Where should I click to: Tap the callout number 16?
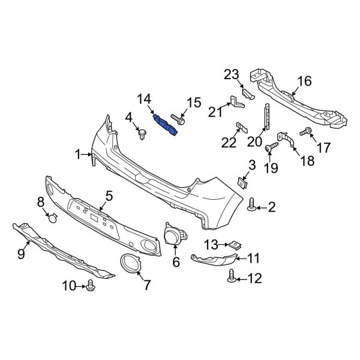(304, 81)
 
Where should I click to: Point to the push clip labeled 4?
(142, 134)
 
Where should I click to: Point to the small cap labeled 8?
(52, 217)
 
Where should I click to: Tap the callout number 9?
(21, 255)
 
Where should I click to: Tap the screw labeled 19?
(271, 146)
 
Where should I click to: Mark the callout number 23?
(232, 74)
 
